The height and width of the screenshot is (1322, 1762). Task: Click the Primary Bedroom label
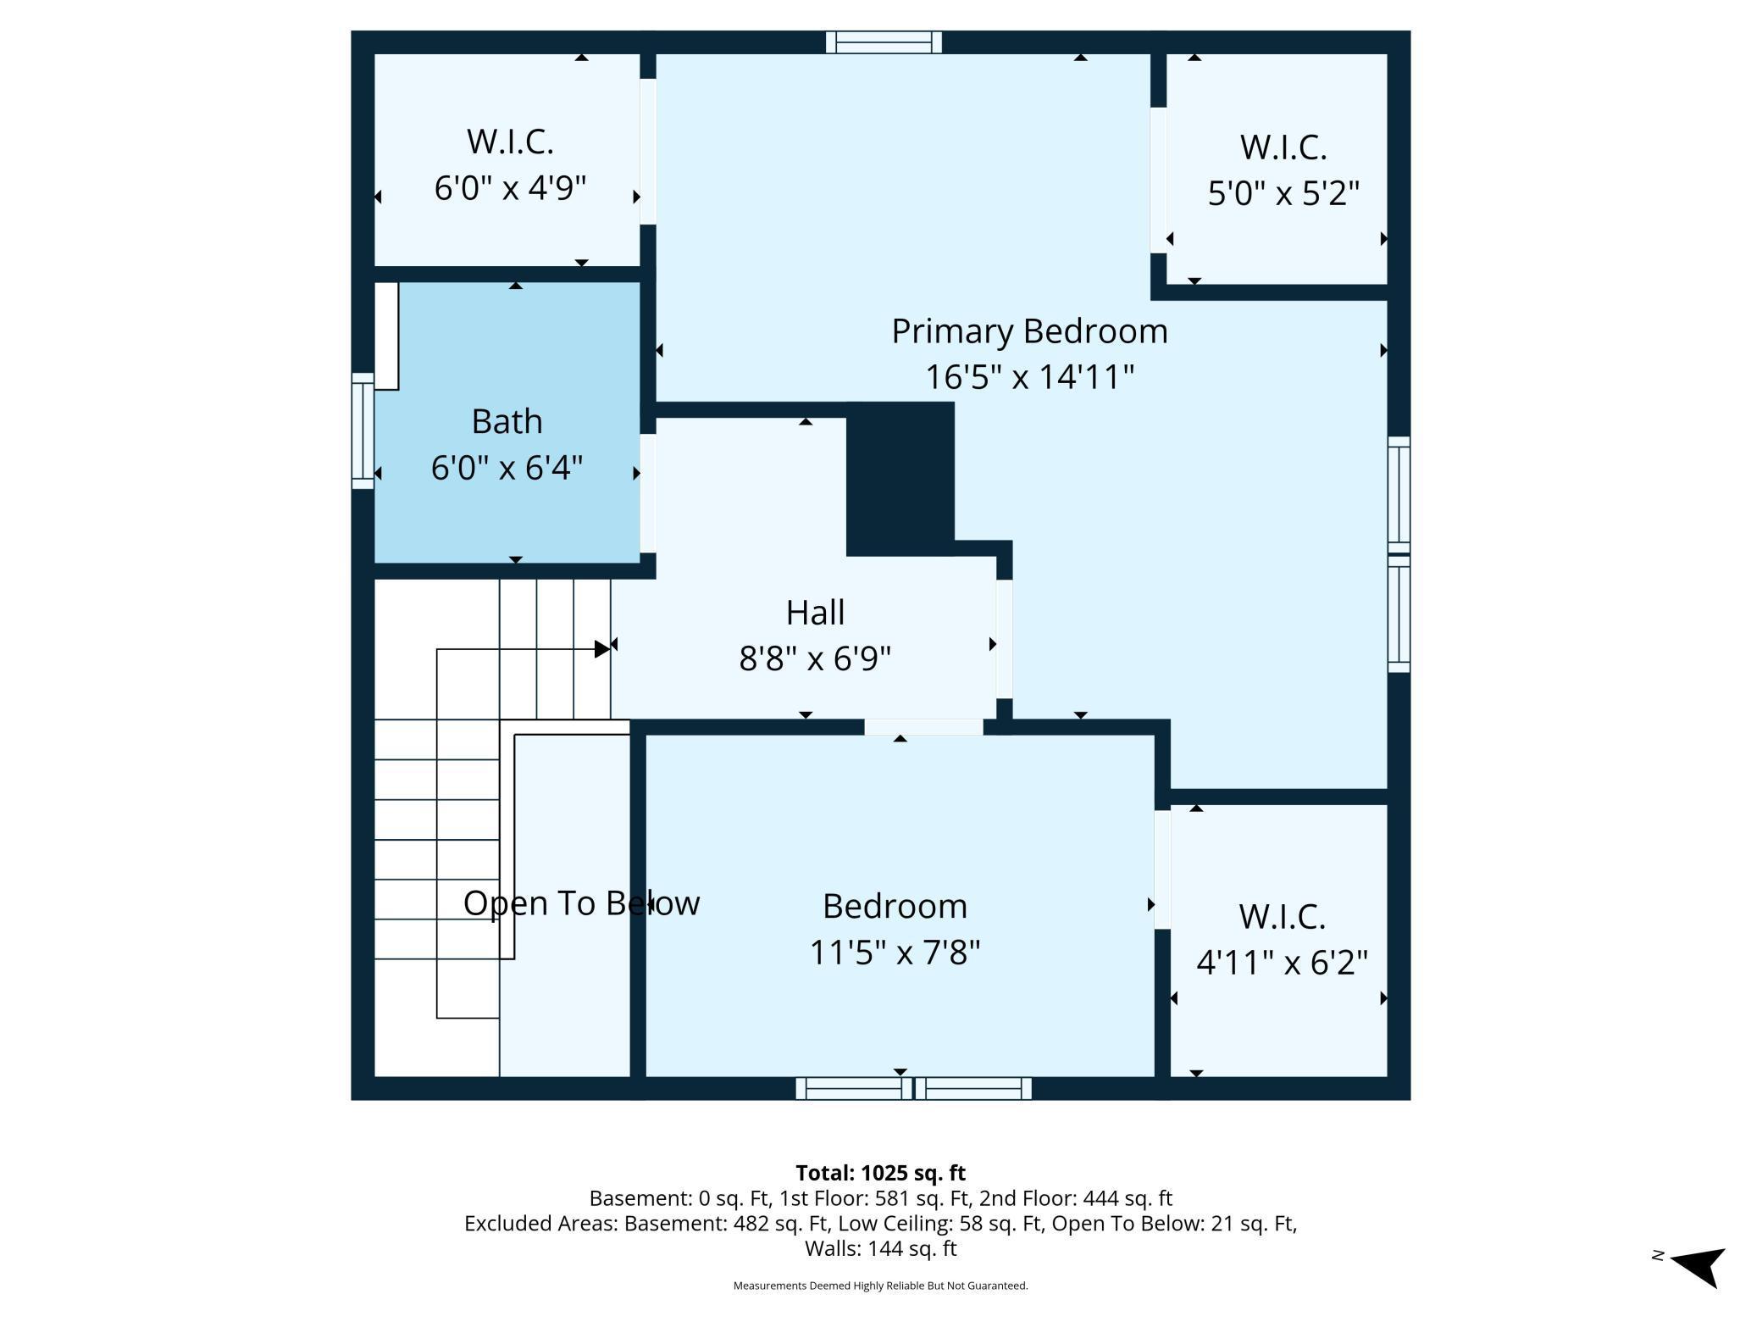point(1029,331)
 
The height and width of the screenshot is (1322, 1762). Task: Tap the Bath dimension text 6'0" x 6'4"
point(507,467)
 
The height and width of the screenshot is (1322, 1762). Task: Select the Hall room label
point(815,612)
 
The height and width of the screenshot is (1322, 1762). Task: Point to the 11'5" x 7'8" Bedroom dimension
point(895,952)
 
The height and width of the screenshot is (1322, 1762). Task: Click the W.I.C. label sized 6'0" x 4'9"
point(510,142)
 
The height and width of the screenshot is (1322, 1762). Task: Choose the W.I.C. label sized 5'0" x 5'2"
point(1283,147)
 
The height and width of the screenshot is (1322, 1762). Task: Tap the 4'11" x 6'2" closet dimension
point(1282,962)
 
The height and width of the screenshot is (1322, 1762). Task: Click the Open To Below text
point(581,903)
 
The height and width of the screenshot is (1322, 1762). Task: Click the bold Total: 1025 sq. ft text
point(880,1173)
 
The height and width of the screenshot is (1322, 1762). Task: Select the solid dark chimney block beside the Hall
point(900,479)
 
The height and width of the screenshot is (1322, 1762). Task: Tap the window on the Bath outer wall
point(363,430)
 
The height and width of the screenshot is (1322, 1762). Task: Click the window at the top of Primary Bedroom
point(884,42)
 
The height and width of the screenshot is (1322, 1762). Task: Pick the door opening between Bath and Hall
point(648,493)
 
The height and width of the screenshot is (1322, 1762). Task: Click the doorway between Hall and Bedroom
point(923,727)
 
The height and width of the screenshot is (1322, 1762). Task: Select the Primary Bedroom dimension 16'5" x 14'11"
point(1029,377)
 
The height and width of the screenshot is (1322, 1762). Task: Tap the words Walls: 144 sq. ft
point(880,1248)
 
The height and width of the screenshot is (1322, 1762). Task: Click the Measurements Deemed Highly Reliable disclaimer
point(880,1286)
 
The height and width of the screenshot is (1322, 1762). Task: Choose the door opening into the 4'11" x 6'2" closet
point(1162,869)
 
